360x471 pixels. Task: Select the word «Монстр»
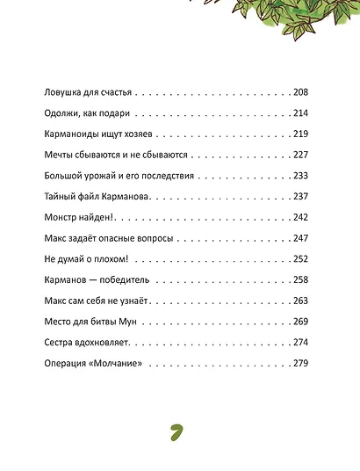click(61, 216)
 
